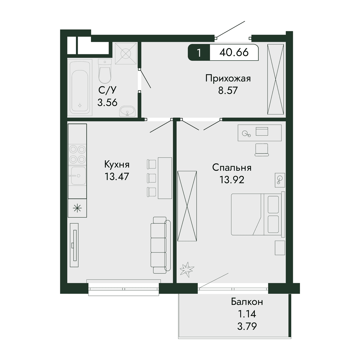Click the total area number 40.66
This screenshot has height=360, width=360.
coord(234,52)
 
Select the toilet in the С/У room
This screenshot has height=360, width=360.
coord(105,71)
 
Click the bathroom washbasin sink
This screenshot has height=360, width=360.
coord(127,112)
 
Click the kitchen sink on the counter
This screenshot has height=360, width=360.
coord(78,176)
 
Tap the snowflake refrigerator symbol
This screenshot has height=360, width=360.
coord(77,208)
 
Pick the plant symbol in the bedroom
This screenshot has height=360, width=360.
coord(187,268)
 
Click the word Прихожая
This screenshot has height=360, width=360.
coord(228,79)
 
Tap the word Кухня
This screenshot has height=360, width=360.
coord(117,165)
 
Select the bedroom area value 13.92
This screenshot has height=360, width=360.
coord(232,180)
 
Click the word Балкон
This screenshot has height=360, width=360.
coord(247,302)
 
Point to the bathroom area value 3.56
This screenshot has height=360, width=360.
coord(107,102)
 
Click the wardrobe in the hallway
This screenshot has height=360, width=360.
coord(276,79)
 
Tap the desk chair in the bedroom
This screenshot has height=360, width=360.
coord(262,150)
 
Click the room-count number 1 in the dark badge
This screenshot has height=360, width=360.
coord(199,53)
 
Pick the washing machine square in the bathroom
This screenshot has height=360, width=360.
coord(126,54)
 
